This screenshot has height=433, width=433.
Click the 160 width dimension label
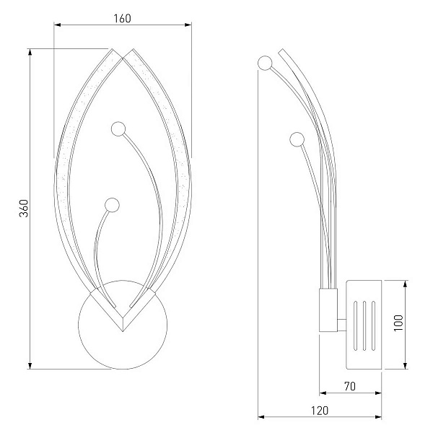coord(122,19)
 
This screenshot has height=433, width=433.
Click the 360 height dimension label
coord(24,209)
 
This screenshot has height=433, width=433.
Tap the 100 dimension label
coord(398,323)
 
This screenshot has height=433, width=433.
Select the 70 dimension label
coord(350,386)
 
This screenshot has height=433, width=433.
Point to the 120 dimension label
coord(320,411)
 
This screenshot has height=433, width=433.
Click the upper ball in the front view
coord(118,128)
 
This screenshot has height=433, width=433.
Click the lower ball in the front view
coord(112,205)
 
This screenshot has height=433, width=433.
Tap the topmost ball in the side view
coord(265,63)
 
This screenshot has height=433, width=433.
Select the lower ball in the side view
coord(297,139)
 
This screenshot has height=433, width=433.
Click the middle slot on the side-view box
coord(364,326)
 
